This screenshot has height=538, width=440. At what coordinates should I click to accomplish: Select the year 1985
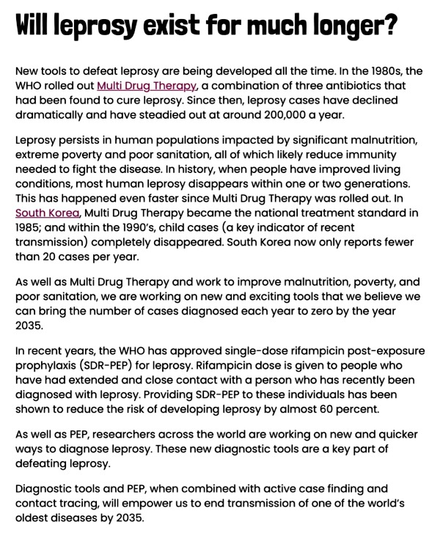pos(29,228)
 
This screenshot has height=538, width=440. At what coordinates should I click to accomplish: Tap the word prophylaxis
pos(50,366)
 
